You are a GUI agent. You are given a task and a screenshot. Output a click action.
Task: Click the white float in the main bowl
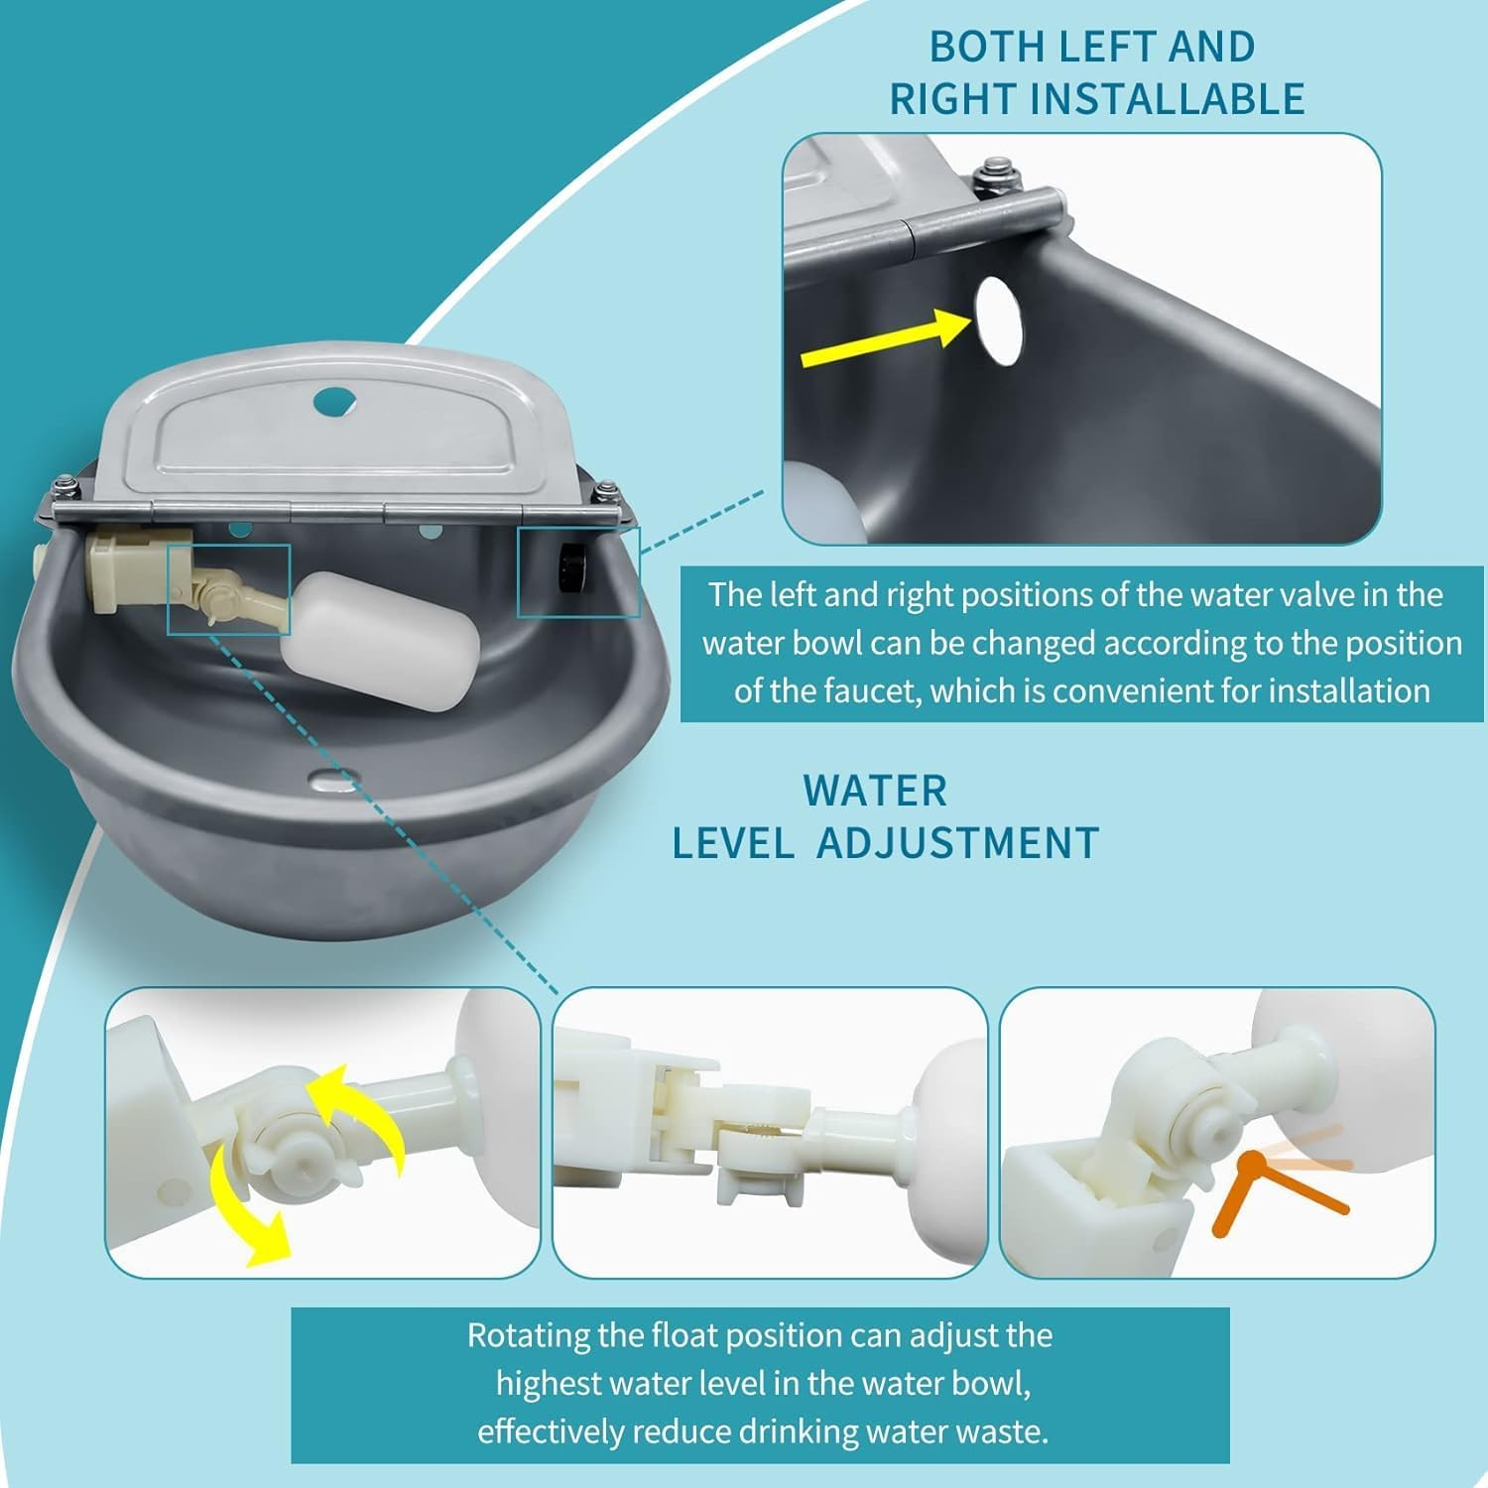click(x=380, y=640)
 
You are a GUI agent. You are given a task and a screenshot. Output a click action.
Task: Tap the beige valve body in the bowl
click(x=127, y=571)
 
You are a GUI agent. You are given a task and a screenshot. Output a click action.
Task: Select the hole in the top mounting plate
click(x=333, y=402)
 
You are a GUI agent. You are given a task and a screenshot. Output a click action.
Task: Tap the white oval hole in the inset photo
click(x=998, y=318)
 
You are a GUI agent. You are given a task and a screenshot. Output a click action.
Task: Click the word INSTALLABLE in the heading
click(x=1167, y=99)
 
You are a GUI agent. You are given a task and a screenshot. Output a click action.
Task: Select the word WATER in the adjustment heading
click(x=875, y=792)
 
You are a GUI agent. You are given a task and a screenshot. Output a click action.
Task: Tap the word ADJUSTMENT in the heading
click(x=957, y=844)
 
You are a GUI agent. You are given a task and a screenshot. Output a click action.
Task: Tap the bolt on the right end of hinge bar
click(x=604, y=491)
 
